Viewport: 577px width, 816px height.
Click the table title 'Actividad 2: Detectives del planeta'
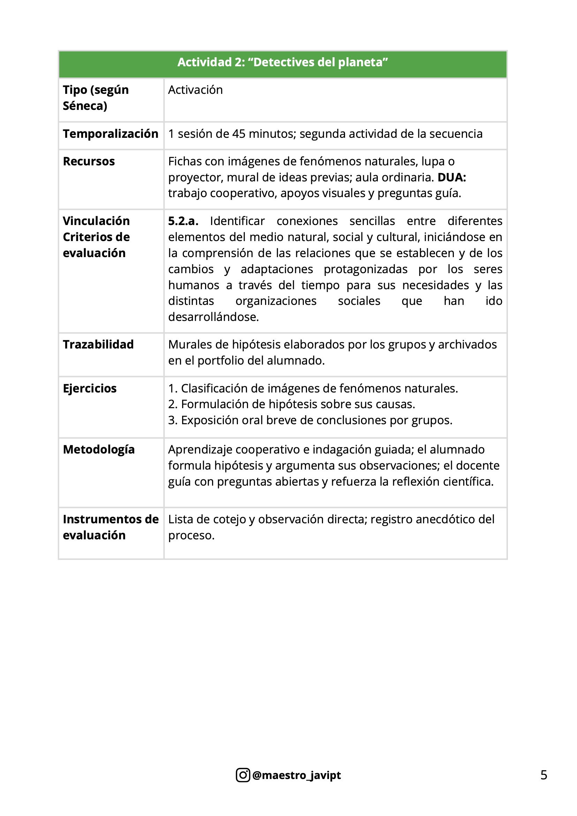283,62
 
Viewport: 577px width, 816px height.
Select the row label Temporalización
111,134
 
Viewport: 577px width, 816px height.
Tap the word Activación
195,90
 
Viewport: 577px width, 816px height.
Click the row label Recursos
89,162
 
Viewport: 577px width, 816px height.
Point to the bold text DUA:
451,177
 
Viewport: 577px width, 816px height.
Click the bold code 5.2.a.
183,221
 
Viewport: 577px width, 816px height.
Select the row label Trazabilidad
98,344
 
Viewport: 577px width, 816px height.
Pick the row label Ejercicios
90,388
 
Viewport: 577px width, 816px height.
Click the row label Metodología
99,450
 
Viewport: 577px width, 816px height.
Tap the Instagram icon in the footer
243,775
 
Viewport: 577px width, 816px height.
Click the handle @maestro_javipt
296,775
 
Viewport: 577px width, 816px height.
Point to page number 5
544,775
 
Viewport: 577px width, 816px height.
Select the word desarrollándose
213,317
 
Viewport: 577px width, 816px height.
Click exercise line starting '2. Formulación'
291,404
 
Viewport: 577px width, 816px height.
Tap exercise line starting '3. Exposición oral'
310,420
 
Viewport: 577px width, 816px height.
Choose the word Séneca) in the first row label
85,106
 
